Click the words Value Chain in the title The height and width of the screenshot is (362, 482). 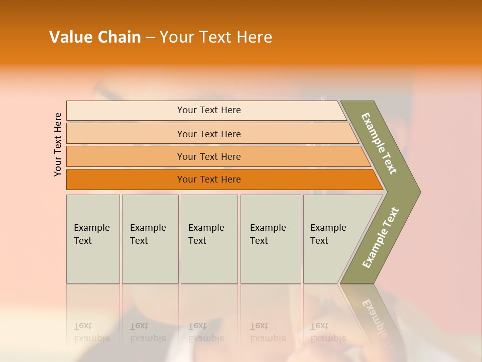click(95, 37)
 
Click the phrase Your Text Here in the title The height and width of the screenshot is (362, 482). click(216, 37)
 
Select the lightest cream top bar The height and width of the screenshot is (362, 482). click(208, 110)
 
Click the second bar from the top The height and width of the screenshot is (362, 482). click(208, 134)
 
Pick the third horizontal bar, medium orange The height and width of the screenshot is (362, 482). click(208, 156)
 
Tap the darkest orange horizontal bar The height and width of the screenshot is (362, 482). click(208, 179)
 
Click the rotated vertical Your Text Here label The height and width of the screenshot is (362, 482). click(58, 144)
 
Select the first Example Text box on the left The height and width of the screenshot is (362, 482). click(93, 239)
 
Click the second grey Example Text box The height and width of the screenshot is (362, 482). click(150, 239)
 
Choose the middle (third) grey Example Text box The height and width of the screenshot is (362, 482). click(209, 239)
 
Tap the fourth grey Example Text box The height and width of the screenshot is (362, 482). click(271, 239)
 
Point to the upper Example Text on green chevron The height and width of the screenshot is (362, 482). click(379, 143)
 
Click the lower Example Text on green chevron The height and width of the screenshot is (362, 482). click(381, 237)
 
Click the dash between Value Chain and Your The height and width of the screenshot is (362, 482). click(150, 38)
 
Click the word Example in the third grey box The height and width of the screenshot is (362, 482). click(206, 228)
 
